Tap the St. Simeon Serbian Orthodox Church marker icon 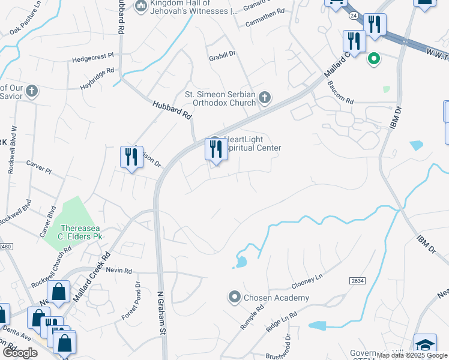point(265,98)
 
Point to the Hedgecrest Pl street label point(92,57)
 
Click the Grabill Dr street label point(222,54)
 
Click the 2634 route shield point(357,281)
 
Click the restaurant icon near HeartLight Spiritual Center point(216,149)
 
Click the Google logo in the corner point(19,353)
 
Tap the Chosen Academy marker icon point(234,297)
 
